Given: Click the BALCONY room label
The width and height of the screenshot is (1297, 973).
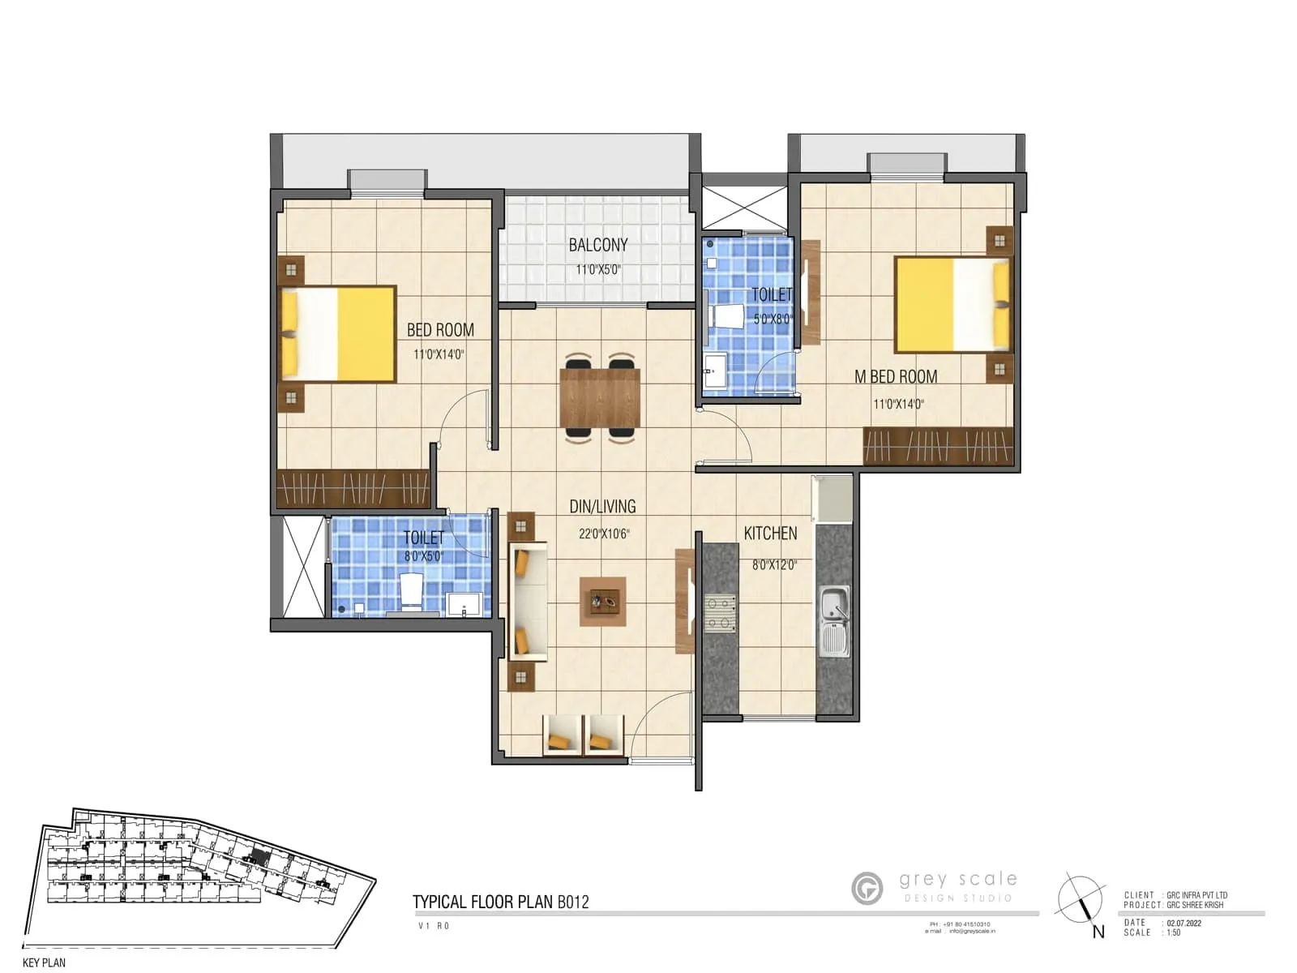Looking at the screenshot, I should (x=598, y=245).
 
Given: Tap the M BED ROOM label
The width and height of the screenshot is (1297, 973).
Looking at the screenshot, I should (x=896, y=377).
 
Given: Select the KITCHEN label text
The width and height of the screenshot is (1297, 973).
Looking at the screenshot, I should (x=770, y=534).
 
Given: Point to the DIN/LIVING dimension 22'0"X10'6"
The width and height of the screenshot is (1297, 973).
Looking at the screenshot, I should (x=603, y=534).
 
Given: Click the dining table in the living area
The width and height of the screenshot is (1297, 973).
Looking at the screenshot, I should (x=600, y=397).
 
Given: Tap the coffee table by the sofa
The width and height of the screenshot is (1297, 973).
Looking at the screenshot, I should (x=602, y=602).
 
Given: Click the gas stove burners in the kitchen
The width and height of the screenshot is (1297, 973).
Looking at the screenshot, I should (x=720, y=613).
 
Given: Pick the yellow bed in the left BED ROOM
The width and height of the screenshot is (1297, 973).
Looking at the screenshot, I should (x=339, y=333).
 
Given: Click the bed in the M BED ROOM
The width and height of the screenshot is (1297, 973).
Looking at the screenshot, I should (x=952, y=304).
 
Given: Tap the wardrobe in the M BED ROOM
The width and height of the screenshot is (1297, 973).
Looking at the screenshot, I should (x=938, y=446).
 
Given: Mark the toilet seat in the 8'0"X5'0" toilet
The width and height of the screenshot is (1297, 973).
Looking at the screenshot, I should (x=411, y=591).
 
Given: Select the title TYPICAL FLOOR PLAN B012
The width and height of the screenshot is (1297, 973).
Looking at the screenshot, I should (x=500, y=902).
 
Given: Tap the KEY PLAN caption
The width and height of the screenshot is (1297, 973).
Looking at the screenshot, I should (x=44, y=962).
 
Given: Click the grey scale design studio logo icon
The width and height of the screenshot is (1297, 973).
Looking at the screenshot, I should (x=867, y=888).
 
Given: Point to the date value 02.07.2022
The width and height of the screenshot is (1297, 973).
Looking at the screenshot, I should (x=1184, y=923).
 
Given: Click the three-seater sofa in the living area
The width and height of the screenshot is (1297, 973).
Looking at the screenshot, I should (x=528, y=602).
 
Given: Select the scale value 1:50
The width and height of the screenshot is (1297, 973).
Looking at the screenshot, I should (x=1174, y=933).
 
